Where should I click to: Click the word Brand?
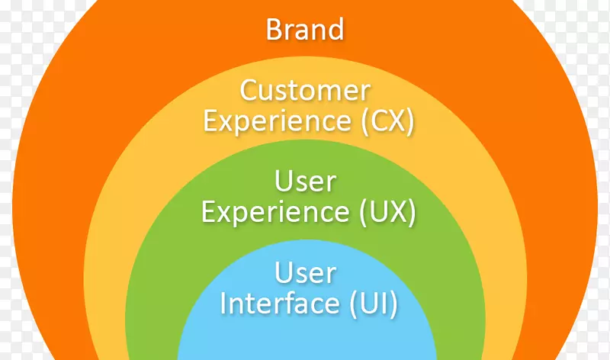click(305, 30)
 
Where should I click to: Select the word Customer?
click(305, 91)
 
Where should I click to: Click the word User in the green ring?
click(305, 182)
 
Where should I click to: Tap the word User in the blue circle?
click(305, 272)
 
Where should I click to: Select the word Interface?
click(277, 303)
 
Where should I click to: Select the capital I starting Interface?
click(223, 303)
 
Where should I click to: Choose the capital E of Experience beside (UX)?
click(207, 212)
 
